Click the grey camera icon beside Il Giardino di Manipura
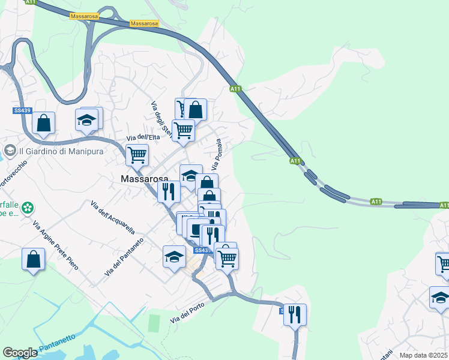[x=10, y=149]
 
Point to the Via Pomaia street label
[x=217, y=154]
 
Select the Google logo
[x=20, y=353]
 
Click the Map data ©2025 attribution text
[x=424, y=355]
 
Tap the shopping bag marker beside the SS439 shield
[x=43, y=123]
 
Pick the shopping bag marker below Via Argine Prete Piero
[x=34, y=260]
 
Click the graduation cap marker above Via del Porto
[x=174, y=257]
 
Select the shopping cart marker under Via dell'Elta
[x=137, y=155]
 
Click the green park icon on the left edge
[x=27, y=208]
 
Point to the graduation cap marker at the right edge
[x=440, y=298]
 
